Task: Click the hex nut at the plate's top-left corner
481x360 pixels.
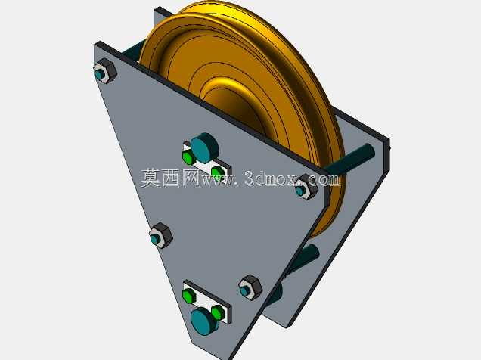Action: [105, 71]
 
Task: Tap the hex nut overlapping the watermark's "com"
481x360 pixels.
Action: [306, 187]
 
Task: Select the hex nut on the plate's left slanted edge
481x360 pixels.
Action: [161, 235]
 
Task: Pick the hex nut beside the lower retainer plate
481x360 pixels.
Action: [250, 287]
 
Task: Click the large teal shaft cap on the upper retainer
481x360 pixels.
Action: [204, 147]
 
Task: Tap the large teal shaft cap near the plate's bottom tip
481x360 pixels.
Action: [205, 321]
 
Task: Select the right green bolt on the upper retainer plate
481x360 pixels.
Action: [218, 173]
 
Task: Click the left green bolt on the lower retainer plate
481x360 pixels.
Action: [188, 296]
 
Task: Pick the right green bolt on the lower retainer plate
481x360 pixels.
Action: [218, 312]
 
